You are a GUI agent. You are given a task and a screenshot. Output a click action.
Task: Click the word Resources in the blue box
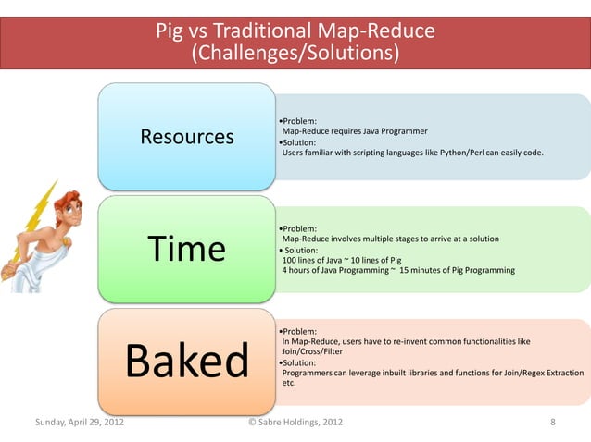tap(187, 138)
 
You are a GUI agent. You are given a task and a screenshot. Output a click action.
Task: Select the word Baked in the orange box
tap(187, 361)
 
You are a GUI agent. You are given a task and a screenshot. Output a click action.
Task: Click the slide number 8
tap(553, 423)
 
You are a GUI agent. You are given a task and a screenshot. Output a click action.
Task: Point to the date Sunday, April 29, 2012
tap(80, 423)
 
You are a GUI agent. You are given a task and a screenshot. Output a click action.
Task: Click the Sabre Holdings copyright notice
tap(295, 423)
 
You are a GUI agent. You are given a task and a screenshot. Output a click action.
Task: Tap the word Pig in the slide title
tap(168, 33)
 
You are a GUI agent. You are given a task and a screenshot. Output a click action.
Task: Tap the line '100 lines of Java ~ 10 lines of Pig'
tap(341, 261)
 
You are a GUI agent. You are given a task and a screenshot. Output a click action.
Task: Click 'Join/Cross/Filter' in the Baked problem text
tap(314, 351)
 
